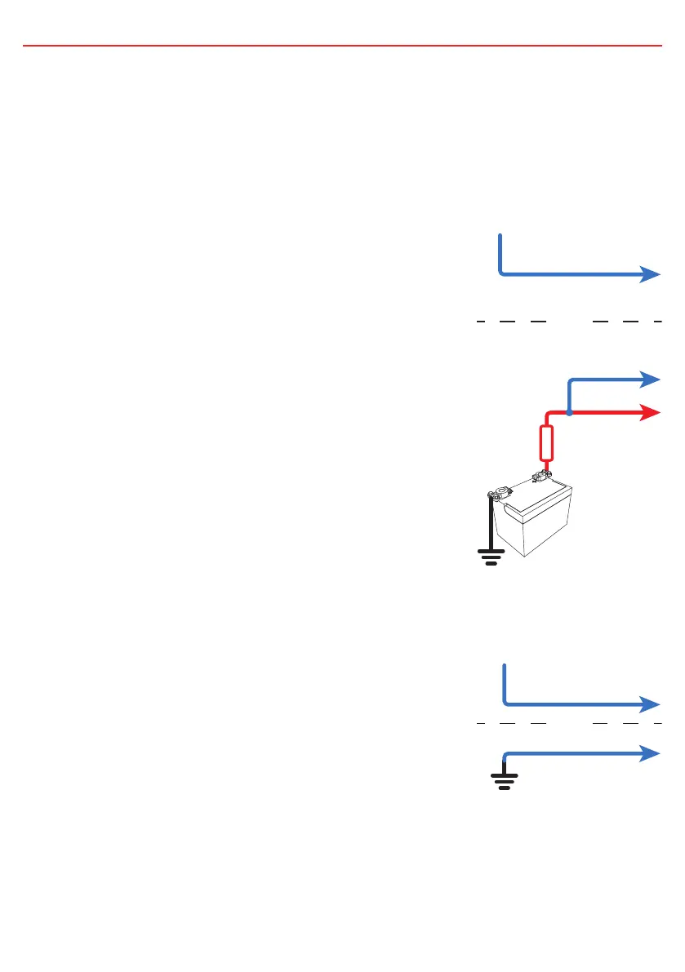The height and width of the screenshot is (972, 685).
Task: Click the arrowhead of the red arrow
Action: pos(651,413)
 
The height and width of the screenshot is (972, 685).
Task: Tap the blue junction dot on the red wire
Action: pos(569,413)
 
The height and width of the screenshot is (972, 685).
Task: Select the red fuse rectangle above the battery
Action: pos(548,443)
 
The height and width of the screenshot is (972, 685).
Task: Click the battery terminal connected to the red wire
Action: pos(540,475)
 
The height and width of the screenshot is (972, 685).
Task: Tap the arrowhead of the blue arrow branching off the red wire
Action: pos(651,379)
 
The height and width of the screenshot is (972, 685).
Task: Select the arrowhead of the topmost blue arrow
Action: pos(651,274)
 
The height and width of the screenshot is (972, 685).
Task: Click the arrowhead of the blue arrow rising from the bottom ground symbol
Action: pos(651,752)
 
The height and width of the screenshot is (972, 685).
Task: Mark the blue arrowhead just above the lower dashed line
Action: pos(651,703)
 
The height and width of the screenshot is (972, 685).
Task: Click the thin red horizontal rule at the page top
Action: pos(342,46)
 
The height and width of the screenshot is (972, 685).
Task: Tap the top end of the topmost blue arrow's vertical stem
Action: pos(500,236)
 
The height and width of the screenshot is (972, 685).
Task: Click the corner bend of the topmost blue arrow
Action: pos(501,273)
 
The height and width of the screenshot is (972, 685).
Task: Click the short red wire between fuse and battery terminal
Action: pos(545,466)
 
